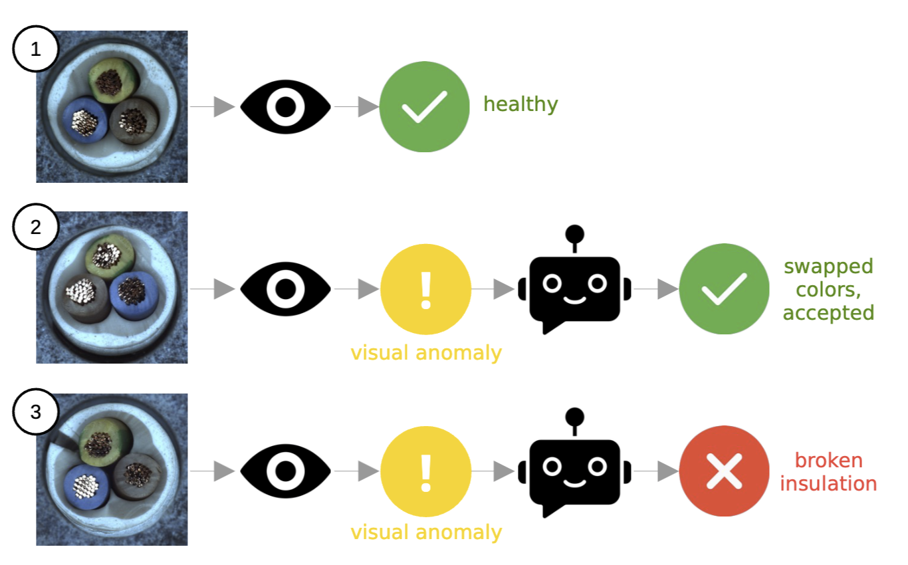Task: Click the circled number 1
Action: pyautogui.click(x=36, y=48)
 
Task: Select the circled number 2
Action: pyautogui.click(x=36, y=227)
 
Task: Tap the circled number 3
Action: pyautogui.click(x=36, y=412)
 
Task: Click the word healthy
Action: pyautogui.click(x=520, y=104)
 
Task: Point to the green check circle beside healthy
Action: pyautogui.click(x=424, y=106)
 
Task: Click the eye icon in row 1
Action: pyautogui.click(x=285, y=106)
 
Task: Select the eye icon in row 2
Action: pyautogui.click(x=285, y=289)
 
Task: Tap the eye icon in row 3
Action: pyautogui.click(x=285, y=471)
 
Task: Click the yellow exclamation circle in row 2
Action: pyautogui.click(x=425, y=289)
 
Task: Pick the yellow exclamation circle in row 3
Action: pyautogui.click(x=425, y=471)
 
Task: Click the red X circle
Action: pyautogui.click(x=725, y=471)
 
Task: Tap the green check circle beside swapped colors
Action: pyautogui.click(x=725, y=289)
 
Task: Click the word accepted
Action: pyautogui.click(x=828, y=312)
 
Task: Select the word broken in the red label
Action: pyautogui.click(x=828, y=460)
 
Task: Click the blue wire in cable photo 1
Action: pyautogui.click(x=84, y=122)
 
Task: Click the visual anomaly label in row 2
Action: pyautogui.click(x=426, y=352)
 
